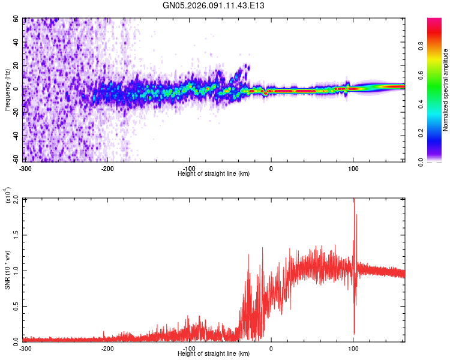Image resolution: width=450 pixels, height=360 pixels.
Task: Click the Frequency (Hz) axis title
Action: pos(7,90)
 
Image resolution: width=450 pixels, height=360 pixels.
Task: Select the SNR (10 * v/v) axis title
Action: pos(7,269)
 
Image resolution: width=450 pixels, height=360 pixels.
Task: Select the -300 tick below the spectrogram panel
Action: pos(25,168)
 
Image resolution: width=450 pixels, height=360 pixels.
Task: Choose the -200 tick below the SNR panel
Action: pos(107,348)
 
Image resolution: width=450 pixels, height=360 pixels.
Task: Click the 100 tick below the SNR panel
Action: pos(353,348)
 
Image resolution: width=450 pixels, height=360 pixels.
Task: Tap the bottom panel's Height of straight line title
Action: pos(214,353)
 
